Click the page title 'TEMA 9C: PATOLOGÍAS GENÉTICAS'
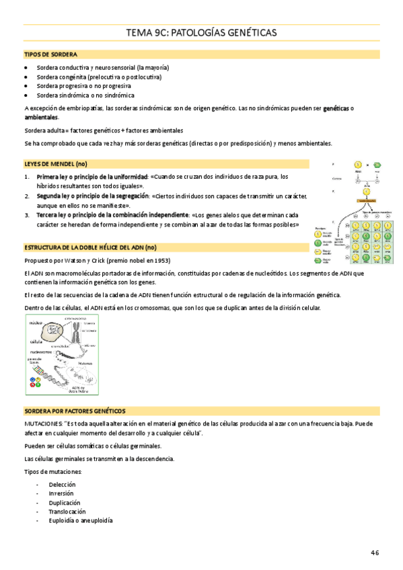click(x=201, y=33)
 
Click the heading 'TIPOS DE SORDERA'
click(x=50, y=54)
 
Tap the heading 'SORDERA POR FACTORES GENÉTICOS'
click(x=75, y=410)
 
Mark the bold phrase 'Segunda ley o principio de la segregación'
click(x=93, y=196)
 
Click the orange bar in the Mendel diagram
click(x=367, y=200)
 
